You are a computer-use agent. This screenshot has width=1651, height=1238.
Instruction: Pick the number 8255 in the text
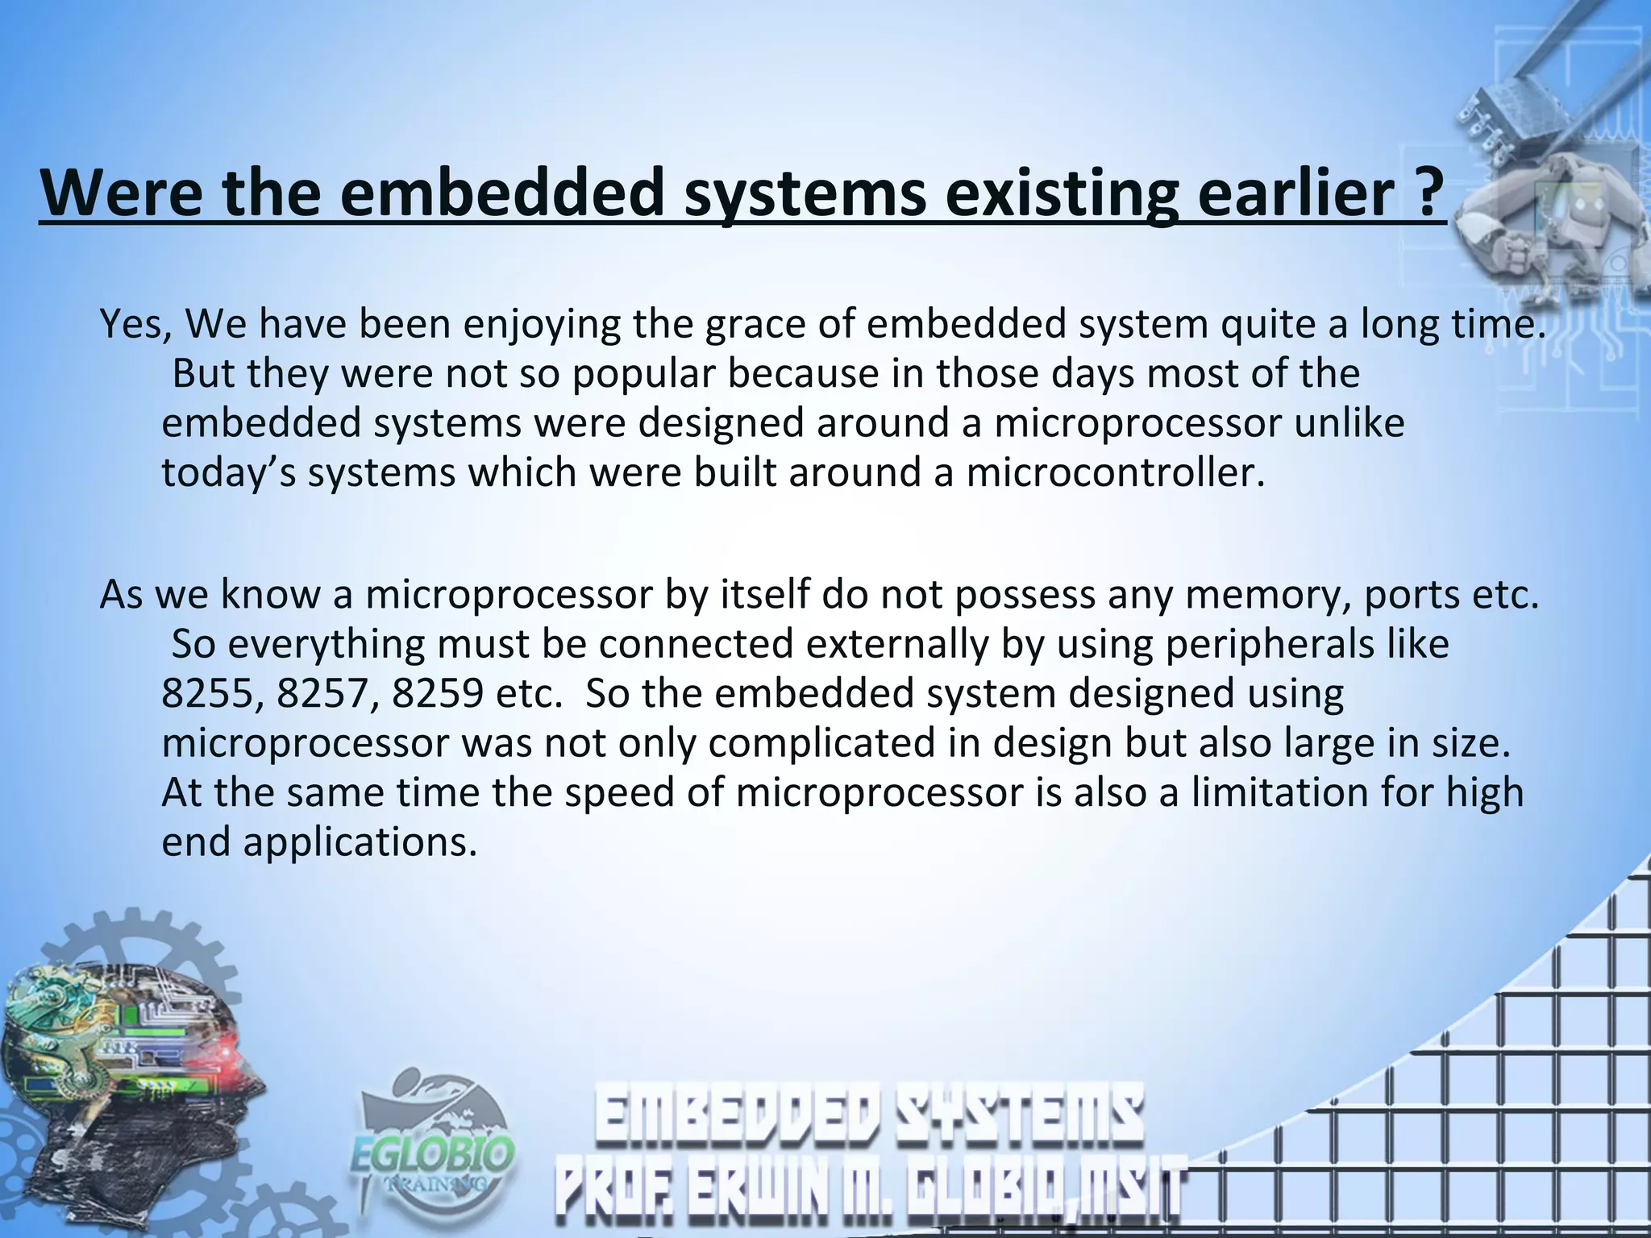[x=211, y=694]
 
